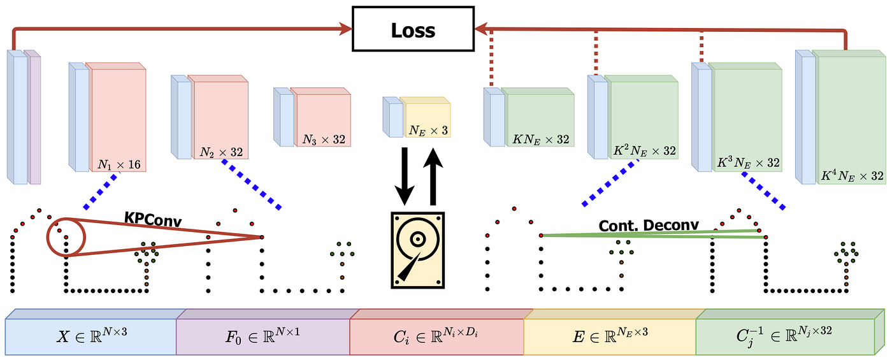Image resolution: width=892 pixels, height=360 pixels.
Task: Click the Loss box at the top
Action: pos(414,30)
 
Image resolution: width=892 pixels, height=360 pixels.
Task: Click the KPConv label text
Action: pos(153,220)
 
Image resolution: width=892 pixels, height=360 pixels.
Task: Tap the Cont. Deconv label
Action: pos(649,225)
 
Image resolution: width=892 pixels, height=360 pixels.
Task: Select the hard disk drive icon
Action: pos(417,250)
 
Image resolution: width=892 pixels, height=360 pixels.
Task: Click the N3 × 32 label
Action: pos(324,139)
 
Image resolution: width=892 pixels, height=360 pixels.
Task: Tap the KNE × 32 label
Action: pos(540,139)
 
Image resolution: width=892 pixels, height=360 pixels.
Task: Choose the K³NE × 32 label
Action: pos(748,163)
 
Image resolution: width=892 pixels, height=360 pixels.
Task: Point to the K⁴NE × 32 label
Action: pos(851,176)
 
